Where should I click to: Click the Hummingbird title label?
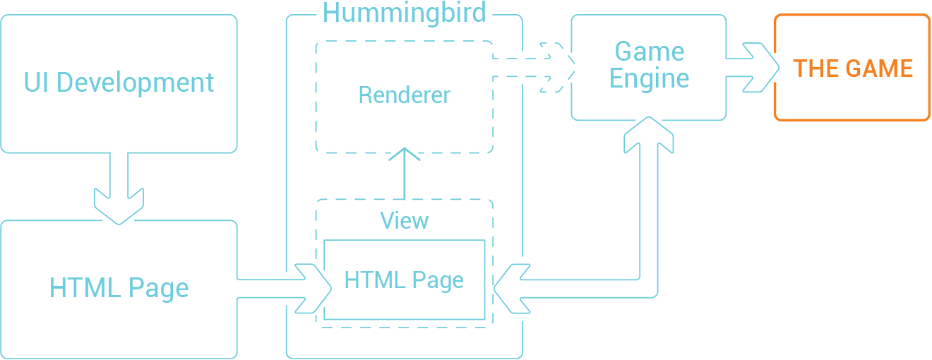pyautogui.click(x=405, y=13)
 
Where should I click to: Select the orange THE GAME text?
pyautogui.click(x=853, y=68)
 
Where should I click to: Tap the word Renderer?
pyautogui.click(x=404, y=95)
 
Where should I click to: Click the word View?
pyautogui.click(x=405, y=220)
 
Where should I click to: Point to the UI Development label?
pyautogui.click(x=119, y=83)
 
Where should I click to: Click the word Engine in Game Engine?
pyautogui.click(x=649, y=78)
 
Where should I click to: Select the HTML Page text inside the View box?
pyautogui.click(x=404, y=280)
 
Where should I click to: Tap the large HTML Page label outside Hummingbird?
pyautogui.click(x=119, y=288)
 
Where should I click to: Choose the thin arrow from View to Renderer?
pyautogui.click(x=405, y=174)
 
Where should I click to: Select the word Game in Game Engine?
pyautogui.click(x=650, y=52)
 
